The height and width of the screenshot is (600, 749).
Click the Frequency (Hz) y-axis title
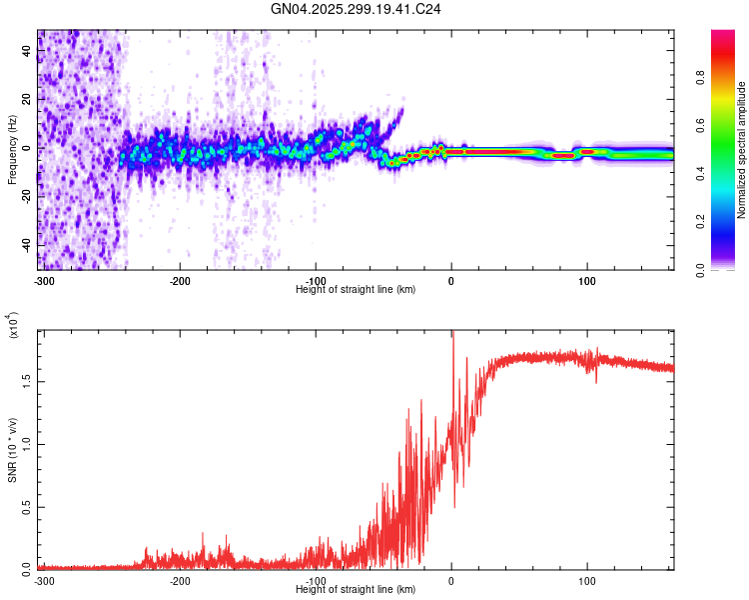click(12, 150)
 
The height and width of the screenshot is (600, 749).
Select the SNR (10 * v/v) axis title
click(12, 450)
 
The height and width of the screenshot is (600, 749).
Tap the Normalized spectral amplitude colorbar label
click(742, 150)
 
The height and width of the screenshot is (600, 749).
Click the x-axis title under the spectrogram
click(356, 289)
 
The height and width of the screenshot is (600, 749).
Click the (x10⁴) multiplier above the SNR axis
click(14, 327)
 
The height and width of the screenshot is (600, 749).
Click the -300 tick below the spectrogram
click(42, 279)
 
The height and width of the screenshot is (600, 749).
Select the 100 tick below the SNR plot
click(587, 579)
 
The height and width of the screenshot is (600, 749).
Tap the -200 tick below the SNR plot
click(180, 579)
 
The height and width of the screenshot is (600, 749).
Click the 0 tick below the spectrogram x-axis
click(451, 279)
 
